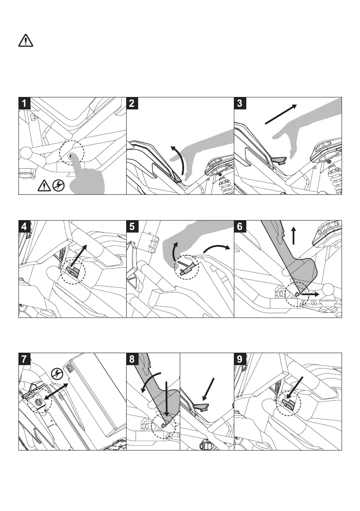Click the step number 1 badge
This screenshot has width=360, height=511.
tap(25, 103)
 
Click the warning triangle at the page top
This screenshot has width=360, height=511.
tap(26, 41)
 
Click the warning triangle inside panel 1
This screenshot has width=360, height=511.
tap(45, 185)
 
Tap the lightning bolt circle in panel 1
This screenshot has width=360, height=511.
tap(58, 185)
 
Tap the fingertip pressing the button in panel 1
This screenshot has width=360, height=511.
tap(75, 160)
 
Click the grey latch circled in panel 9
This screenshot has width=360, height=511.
tap(288, 403)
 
